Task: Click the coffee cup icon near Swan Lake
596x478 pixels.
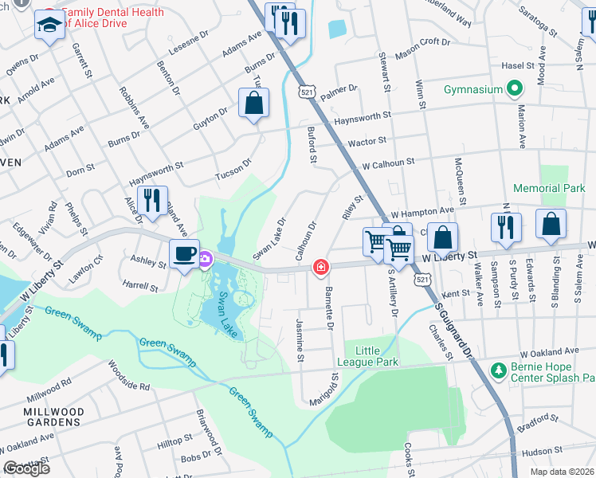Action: tap(185, 255)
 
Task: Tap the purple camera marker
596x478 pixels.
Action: tap(205, 258)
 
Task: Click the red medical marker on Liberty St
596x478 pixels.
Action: tap(321, 268)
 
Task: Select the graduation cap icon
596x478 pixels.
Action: tap(49, 27)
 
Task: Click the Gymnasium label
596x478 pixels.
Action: tap(472, 88)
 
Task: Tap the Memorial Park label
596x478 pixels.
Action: tap(549, 189)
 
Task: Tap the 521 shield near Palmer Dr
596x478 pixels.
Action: tap(306, 93)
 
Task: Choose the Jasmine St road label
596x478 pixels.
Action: tap(300, 341)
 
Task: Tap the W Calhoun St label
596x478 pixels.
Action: tap(388, 162)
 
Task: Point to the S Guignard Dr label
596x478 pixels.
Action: tap(459, 327)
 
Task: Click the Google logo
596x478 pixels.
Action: tap(26, 468)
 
